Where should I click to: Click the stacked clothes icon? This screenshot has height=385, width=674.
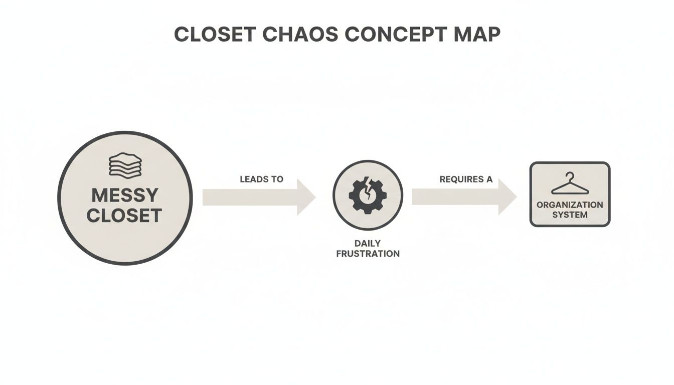[x=125, y=165]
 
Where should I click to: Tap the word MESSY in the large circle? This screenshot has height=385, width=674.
[x=125, y=195]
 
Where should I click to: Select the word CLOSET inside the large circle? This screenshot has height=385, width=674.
[x=124, y=216]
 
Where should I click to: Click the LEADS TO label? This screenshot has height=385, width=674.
[x=261, y=179]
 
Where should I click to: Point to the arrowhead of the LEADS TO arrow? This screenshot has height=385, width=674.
[x=306, y=197]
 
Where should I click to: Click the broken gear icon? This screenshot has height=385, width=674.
[x=368, y=195]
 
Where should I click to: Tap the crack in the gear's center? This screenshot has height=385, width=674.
[x=368, y=194]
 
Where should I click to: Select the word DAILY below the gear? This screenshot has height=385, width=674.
[x=368, y=244]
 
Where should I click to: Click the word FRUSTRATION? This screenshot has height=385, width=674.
[x=368, y=254]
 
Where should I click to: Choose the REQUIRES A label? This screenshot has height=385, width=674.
[x=466, y=179]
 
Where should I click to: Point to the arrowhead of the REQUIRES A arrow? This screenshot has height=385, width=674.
[x=507, y=197]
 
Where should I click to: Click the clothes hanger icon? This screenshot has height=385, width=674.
[x=570, y=184]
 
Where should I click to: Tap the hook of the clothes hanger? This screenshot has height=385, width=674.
[x=569, y=175]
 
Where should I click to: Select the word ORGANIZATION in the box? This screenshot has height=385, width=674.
[x=570, y=205]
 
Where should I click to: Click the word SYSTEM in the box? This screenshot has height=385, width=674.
[x=570, y=215]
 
